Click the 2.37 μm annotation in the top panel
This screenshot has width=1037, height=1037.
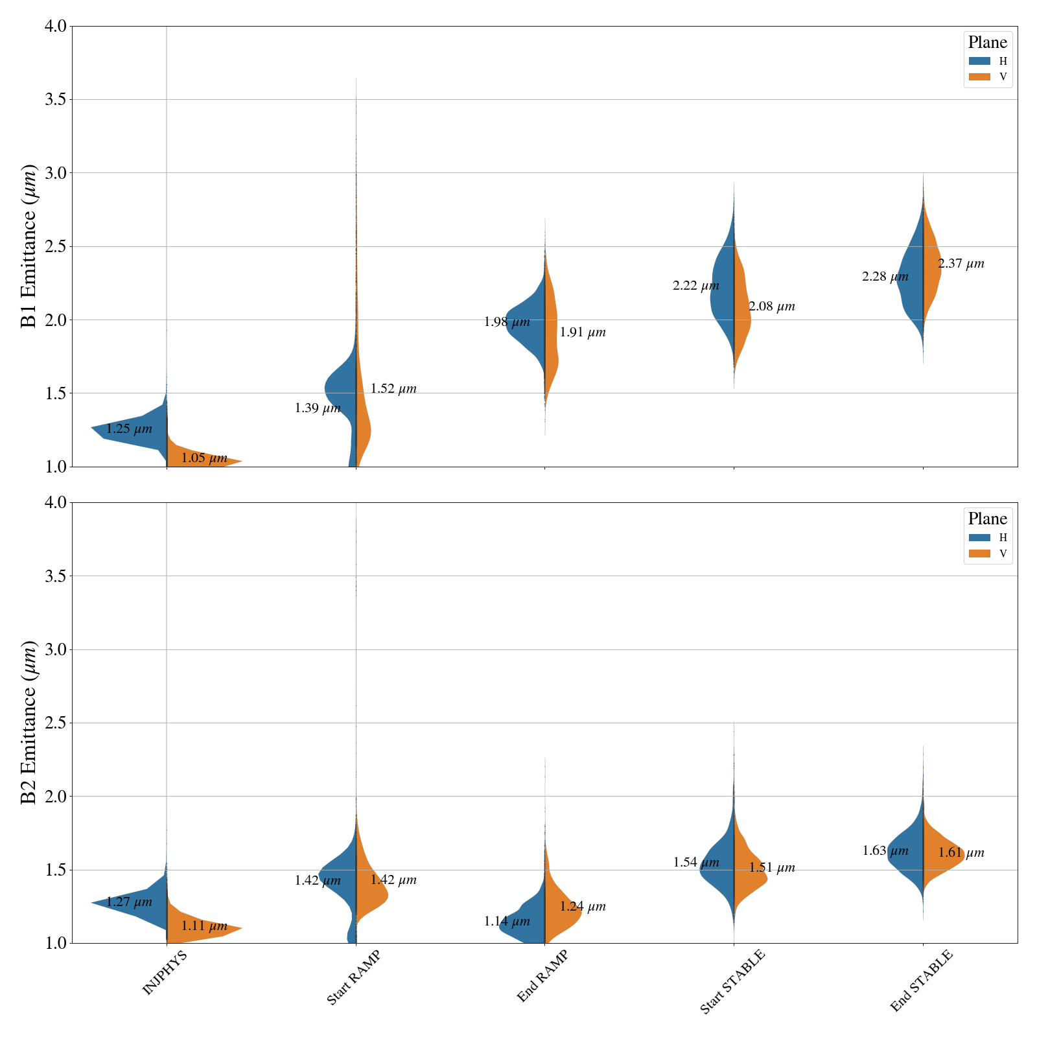click(x=961, y=264)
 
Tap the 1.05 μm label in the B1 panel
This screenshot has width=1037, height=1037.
click(x=204, y=458)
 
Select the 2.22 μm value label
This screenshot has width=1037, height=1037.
click(x=696, y=286)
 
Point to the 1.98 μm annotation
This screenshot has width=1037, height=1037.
click(x=507, y=322)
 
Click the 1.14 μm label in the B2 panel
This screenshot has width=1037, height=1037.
click(x=507, y=921)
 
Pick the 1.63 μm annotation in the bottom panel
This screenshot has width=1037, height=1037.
click(x=885, y=851)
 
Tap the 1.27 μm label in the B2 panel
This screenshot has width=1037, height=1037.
click(x=129, y=902)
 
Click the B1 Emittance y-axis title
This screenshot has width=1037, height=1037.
click(x=29, y=246)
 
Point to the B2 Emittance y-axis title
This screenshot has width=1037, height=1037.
click(x=29, y=723)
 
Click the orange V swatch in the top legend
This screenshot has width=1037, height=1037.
click(x=979, y=76)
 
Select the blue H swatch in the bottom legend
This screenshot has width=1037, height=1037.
click(x=979, y=537)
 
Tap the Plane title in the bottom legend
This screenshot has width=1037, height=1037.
click(x=987, y=518)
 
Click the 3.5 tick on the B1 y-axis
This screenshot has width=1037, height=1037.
click(x=57, y=99)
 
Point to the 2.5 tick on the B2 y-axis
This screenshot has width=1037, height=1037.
click(x=57, y=723)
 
